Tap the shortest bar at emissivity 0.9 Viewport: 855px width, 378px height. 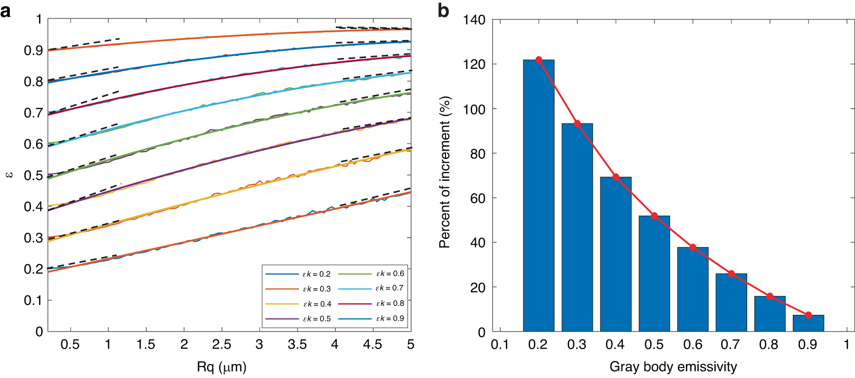click(x=808, y=323)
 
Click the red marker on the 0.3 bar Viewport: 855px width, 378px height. click(x=577, y=123)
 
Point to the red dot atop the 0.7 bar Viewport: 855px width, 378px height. click(x=731, y=274)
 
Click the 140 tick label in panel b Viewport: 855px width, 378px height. click(x=474, y=20)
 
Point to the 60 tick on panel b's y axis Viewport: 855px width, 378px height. click(x=477, y=198)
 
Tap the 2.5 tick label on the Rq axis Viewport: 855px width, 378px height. click(x=221, y=344)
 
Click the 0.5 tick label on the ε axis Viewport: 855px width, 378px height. click(x=33, y=175)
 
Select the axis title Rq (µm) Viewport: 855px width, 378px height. click(x=221, y=367)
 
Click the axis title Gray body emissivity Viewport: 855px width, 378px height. click(x=673, y=367)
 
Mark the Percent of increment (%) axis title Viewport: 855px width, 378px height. click(x=445, y=172)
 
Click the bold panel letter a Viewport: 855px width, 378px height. click(x=6, y=10)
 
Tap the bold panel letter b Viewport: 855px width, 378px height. click(x=443, y=10)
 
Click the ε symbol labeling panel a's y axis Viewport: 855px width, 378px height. click(x=9, y=175)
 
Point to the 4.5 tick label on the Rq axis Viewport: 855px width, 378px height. click(x=372, y=344)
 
